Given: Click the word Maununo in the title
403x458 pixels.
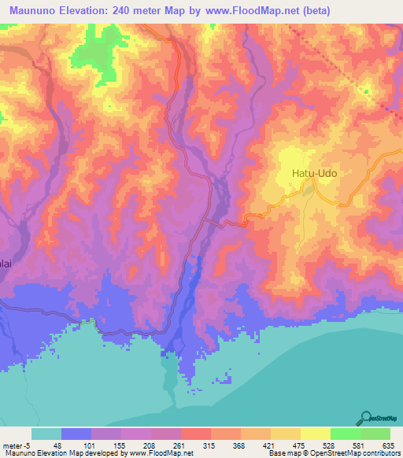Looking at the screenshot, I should coord(35,10).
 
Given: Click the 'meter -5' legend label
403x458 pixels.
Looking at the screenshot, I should coord(16,445).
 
